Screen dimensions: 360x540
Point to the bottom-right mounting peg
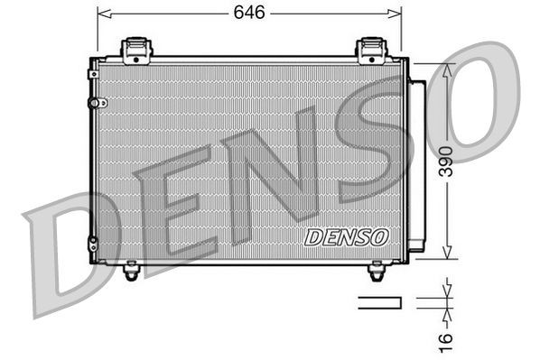(x=377, y=269)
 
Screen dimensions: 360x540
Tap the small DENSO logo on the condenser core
(x=346, y=237)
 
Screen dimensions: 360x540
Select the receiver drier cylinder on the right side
(x=417, y=162)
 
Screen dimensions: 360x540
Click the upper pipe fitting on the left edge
(x=91, y=104)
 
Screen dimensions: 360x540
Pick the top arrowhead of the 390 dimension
(x=446, y=69)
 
